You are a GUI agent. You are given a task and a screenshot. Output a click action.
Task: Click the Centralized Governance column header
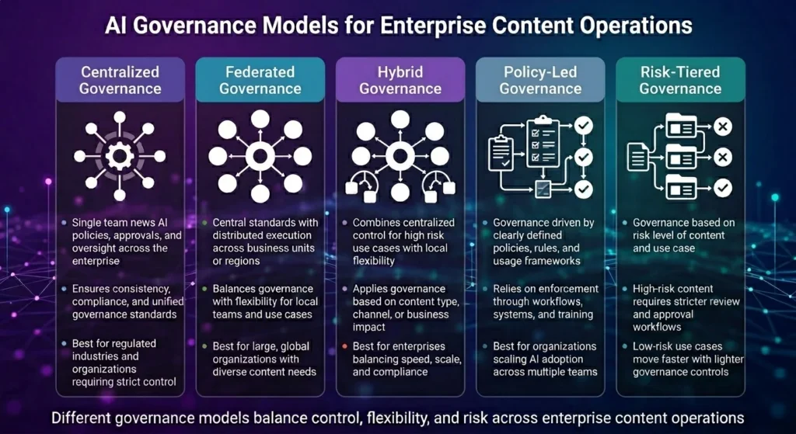point(120,80)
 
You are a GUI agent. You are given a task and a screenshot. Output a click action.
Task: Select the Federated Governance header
point(260,80)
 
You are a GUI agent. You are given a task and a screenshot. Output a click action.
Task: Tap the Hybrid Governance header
point(400,80)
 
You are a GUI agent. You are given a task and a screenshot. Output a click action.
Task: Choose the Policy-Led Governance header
point(539,80)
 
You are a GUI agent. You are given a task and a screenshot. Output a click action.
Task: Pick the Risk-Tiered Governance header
point(679,80)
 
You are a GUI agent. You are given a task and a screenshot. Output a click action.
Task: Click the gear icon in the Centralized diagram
point(120,156)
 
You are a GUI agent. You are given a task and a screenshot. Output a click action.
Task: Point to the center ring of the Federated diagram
point(260,156)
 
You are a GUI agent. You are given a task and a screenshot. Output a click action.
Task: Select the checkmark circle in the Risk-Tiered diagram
point(722,187)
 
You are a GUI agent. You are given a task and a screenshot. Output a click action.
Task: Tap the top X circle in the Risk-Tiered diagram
point(722,126)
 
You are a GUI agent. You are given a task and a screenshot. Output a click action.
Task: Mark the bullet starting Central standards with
point(264,235)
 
